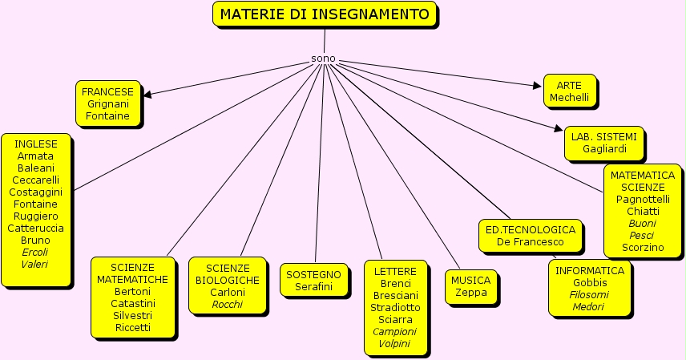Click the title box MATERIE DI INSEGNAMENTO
coord(325,14)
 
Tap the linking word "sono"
coord(323,59)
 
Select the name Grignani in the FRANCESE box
coord(107,104)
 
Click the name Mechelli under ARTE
coord(569,98)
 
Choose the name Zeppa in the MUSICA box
coord(470,293)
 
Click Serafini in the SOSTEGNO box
coord(313,286)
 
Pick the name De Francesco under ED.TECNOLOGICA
coord(531,241)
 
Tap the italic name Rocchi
coord(228,304)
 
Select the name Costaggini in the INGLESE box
coord(36,192)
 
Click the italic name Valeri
coord(35,264)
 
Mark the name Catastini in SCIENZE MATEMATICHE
coord(133,304)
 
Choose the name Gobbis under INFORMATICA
coord(590,282)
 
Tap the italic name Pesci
coord(641,235)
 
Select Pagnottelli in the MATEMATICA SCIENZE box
coord(643,199)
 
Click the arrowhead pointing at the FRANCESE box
coord(147,94)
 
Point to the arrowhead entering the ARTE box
coord(539,84)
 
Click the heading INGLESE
coord(36,144)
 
